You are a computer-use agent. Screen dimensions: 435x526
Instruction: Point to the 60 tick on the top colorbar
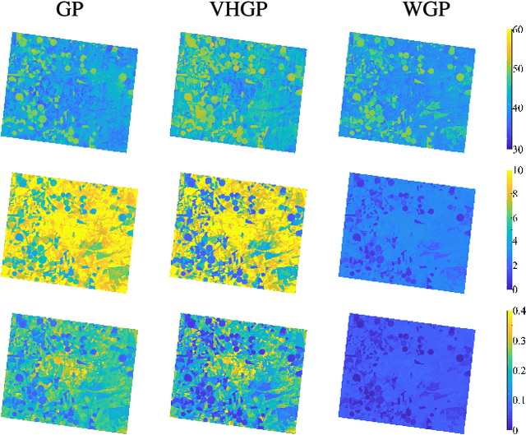pos(517,30)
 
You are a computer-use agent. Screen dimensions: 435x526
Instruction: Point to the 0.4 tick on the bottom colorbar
pos(519,310)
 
